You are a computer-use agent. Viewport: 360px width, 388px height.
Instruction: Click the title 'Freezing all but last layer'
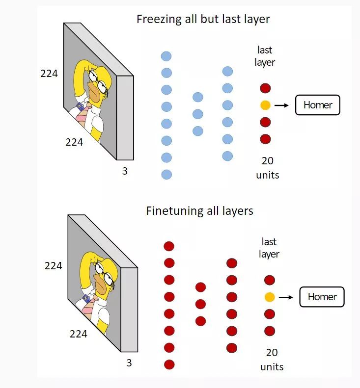[203, 20]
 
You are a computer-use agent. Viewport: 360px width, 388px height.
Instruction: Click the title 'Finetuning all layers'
[200, 211]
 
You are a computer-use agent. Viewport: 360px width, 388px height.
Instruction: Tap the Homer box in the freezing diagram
[317, 105]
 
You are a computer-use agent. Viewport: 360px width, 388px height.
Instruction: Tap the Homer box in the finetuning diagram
[322, 297]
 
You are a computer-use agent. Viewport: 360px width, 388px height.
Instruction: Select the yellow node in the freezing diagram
[265, 105]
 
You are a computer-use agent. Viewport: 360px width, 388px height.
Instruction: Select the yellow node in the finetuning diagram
[269, 297]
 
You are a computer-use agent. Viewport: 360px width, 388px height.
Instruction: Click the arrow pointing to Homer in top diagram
[282, 105]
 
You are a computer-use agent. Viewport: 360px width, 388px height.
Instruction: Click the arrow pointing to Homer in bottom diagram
[286, 297]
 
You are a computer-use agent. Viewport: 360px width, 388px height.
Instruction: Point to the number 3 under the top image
[125, 172]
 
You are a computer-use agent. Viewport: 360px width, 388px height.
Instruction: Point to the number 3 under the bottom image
[129, 363]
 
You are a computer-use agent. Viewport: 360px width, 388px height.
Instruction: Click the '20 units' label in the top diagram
[268, 167]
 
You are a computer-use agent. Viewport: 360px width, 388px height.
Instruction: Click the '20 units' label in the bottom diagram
[272, 359]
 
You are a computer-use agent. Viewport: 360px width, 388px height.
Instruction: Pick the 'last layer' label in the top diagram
[265, 56]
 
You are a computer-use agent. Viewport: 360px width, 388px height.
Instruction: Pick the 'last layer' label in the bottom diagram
[269, 248]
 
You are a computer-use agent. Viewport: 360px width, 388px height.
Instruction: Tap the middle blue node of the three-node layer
[198, 114]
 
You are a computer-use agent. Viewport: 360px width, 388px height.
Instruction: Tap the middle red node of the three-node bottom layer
[200, 304]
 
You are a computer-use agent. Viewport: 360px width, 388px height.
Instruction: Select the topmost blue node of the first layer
[166, 56]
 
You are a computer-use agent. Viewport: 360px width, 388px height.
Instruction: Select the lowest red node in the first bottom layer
[169, 364]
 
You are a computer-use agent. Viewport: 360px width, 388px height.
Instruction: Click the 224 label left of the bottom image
[54, 265]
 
